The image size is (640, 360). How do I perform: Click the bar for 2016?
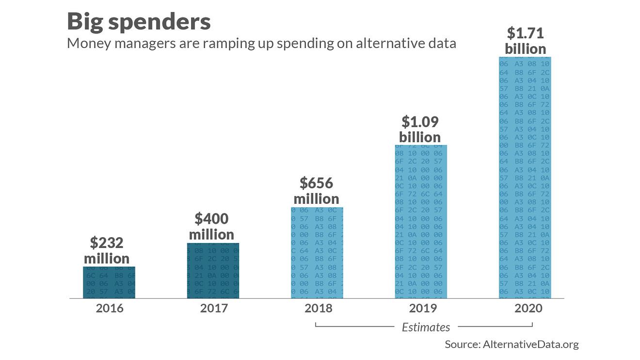(109, 282)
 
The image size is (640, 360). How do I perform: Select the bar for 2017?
(213, 271)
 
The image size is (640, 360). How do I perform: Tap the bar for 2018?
(317, 253)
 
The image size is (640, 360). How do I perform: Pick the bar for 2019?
(421, 222)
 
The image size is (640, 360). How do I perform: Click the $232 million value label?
(107, 250)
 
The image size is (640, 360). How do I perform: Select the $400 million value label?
(211, 227)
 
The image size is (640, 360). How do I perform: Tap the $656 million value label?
(316, 191)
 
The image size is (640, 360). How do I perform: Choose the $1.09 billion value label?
(420, 129)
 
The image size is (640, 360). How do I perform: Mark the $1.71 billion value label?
(525, 41)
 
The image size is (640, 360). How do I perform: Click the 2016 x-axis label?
(110, 308)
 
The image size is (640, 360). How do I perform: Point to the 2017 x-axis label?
(214, 308)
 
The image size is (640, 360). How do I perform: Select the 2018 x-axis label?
(319, 308)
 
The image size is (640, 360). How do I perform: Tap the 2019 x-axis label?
(423, 308)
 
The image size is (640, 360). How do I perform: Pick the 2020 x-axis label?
(528, 308)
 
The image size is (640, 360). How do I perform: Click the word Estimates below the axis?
(426, 327)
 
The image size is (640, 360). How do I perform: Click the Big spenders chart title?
(139, 22)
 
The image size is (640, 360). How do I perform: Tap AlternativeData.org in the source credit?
(530, 344)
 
